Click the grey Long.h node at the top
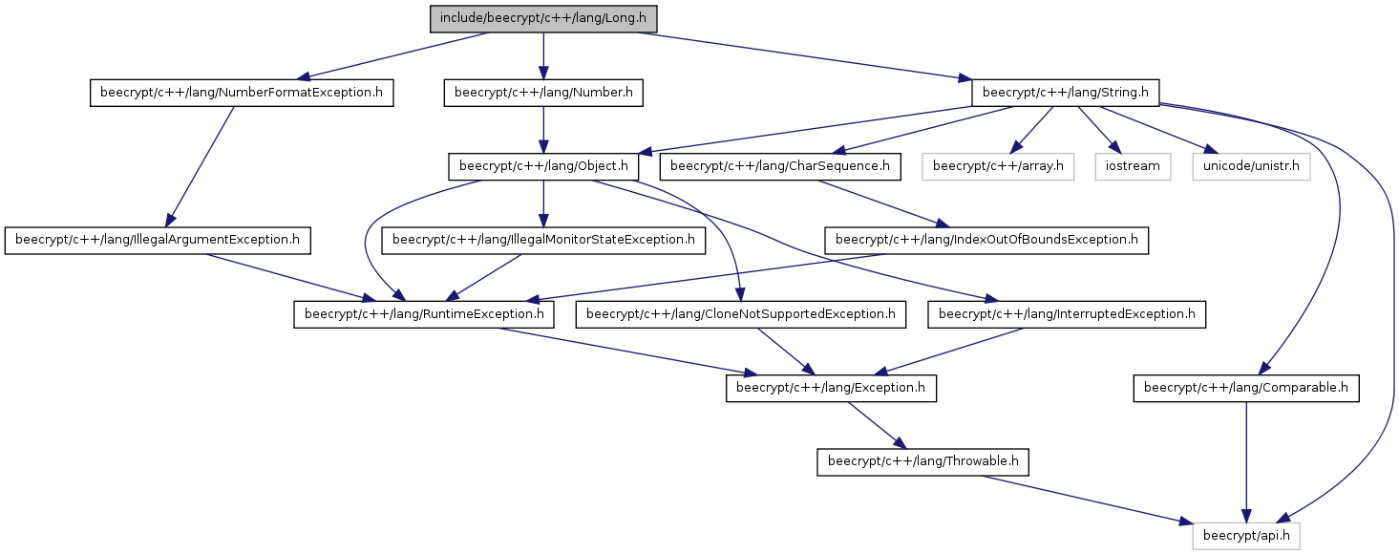pos(542,19)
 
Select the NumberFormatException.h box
pos(242,93)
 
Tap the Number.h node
pos(543,93)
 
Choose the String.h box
pos(1066,93)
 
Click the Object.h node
pos(543,167)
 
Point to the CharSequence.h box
pos(780,167)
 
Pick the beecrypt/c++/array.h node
pos(998,167)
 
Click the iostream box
pos(1133,167)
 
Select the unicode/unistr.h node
pos(1251,167)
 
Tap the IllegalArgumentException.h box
pos(158,241)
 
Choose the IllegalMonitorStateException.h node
pos(543,241)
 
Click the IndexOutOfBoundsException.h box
pos(986,241)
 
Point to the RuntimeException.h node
pos(424,314)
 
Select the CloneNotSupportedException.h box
pos(741,314)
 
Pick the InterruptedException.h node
pos(1067,314)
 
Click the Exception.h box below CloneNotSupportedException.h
pos(831,388)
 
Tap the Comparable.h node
pos(1246,388)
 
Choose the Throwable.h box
pos(922,462)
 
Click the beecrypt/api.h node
pos(1246,536)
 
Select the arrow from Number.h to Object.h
pos(543,130)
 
